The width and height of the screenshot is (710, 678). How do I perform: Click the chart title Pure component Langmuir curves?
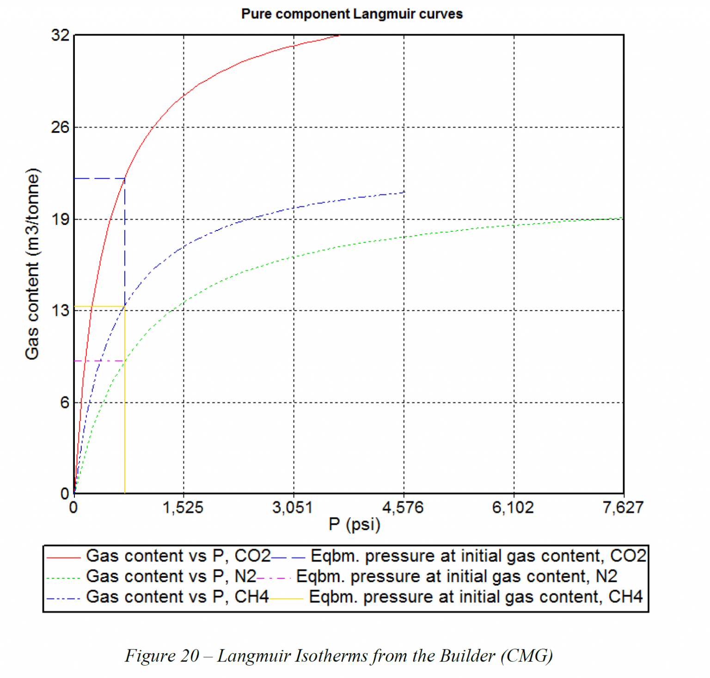352,14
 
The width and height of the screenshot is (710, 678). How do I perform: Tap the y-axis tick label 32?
60,35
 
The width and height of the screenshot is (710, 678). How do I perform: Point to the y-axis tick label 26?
60,127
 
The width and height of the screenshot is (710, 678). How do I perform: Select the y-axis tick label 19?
60,219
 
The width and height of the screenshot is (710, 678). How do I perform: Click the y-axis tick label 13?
60,310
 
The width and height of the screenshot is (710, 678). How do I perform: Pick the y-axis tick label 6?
64,403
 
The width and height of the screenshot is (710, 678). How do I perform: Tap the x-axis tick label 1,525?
183,508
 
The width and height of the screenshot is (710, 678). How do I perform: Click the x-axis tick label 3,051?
293,508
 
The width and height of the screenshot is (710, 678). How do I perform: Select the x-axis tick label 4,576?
403,508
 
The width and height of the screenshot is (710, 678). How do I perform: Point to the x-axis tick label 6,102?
513,508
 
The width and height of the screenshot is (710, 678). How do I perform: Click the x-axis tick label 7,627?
623,508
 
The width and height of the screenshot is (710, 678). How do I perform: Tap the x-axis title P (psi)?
355,525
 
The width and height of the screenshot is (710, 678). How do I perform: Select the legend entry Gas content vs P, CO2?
178,556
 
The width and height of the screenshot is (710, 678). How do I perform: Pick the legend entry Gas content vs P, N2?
171,576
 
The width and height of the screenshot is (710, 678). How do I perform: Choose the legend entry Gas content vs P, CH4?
177,597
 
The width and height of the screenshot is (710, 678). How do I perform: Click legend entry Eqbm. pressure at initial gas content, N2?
456,576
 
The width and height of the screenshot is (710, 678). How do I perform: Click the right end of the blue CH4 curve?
404,192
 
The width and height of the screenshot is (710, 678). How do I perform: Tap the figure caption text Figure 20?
162,656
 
